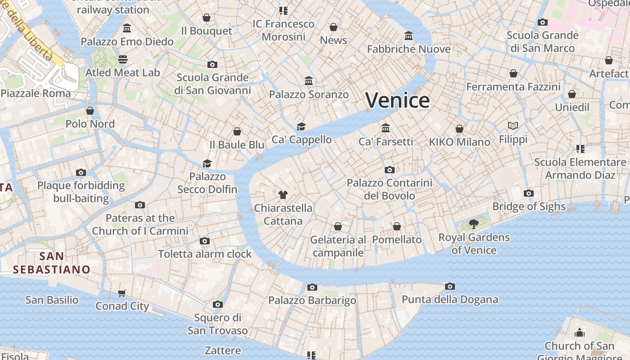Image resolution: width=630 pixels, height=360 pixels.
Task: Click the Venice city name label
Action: click(397, 100)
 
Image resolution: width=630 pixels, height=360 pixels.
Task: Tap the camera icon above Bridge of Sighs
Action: click(529, 193)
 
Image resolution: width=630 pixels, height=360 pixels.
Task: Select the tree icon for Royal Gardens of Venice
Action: click(473, 224)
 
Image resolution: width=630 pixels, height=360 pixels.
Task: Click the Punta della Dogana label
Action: click(450, 300)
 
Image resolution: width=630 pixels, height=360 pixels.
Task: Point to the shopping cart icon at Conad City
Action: click(122, 293)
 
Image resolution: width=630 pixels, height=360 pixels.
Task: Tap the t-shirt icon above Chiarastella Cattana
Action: click(283, 195)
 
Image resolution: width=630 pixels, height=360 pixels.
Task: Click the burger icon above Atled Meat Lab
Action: click(123, 59)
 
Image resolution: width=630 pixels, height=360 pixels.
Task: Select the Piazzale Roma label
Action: click(36, 94)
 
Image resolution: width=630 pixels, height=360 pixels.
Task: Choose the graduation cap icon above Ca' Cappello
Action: click(301, 127)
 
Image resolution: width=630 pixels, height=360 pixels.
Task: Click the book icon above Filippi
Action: click(513, 126)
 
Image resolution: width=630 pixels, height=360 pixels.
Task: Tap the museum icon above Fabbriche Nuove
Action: click(409, 36)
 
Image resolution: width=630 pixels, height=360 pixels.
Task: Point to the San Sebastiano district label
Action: click(51, 263)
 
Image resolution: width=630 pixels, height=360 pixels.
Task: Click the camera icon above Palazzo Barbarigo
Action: click(312, 287)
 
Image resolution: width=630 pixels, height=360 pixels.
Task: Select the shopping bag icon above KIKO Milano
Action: click(459, 129)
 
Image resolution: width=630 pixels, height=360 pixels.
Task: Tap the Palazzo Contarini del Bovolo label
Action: click(389, 189)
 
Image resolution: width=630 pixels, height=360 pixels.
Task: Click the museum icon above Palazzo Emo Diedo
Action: click(127, 28)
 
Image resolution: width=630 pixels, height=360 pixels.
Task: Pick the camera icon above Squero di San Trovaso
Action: click(218, 305)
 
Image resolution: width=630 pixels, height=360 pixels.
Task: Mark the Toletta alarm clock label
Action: click(205, 254)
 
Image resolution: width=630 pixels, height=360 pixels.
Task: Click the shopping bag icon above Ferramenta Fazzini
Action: click(513, 73)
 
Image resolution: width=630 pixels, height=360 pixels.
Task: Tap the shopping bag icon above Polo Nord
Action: click(90, 111)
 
